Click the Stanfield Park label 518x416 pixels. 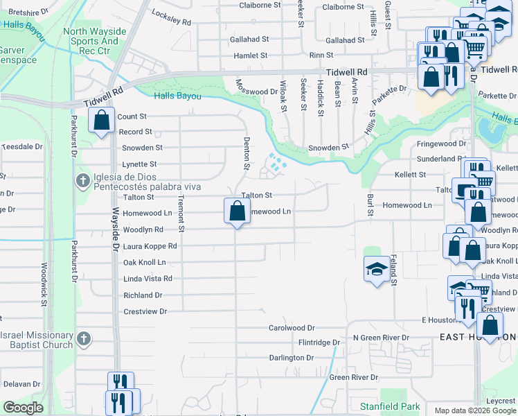(380, 406)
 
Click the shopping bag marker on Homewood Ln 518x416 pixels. (237, 211)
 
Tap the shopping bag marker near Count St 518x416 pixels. (102, 120)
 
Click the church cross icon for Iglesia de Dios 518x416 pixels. (82, 181)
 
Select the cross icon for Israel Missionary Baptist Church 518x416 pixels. (83, 339)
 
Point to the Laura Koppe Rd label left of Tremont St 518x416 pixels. (150, 246)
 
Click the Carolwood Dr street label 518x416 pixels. (292, 328)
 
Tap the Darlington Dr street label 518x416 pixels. (292, 358)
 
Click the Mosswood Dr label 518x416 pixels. (256, 92)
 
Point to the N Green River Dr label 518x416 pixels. (381, 338)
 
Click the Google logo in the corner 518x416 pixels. (24, 408)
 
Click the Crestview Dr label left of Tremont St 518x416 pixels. (145, 312)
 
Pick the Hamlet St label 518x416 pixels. (250, 55)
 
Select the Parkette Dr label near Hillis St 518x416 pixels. (388, 89)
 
